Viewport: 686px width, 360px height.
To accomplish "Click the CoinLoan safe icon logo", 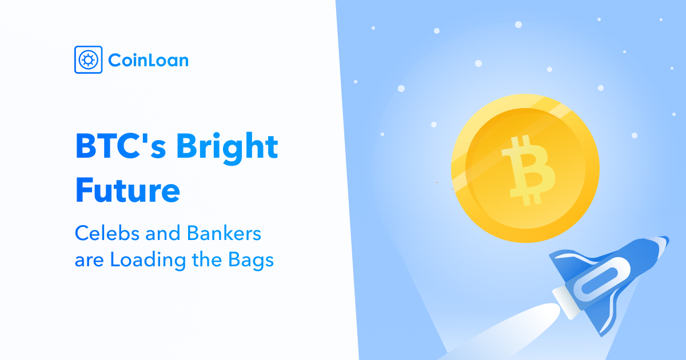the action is tap(88, 59).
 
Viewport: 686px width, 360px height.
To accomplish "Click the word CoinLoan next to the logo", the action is tap(148, 60).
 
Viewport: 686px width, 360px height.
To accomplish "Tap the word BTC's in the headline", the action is tap(121, 146).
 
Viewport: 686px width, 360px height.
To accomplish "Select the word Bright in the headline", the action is tap(227, 149).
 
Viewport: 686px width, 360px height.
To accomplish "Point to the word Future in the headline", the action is tap(127, 190).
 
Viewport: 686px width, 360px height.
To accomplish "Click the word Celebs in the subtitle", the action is tap(106, 233).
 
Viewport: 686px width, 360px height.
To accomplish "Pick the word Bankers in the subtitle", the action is tap(224, 233).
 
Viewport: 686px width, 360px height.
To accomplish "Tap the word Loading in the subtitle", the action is tap(148, 261).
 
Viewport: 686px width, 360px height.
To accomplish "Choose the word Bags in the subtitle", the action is tap(251, 261).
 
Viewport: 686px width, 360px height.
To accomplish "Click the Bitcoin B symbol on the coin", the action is tap(529, 170).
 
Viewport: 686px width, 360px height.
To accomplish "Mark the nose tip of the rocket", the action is tap(668, 238).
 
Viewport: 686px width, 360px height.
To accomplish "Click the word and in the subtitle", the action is tap(162, 233).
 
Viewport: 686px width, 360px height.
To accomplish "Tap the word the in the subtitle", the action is tap(207, 260).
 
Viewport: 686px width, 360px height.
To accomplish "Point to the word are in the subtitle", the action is tap(89, 262).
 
